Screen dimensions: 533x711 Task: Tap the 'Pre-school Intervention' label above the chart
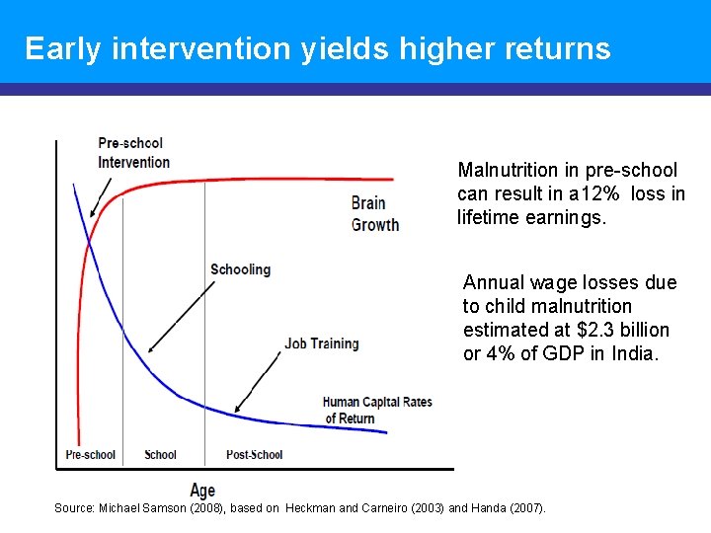[x=133, y=153]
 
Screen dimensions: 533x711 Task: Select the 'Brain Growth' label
[x=375, y=213]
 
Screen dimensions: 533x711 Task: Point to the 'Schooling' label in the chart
[x=240, y=269]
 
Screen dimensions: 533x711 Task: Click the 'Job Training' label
[x=322, y=343]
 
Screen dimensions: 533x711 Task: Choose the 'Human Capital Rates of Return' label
[x=376, y=410]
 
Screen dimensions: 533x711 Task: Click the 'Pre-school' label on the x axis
[x=90, y=455]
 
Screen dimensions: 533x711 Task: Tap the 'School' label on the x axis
[x=160, y=455]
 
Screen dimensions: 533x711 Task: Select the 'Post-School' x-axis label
[x=254, y=455]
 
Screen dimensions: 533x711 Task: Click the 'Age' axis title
[x=202, y=491]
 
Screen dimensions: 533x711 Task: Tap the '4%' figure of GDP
[x=504, y=353]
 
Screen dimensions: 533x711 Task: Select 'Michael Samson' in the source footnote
[x=138, y=507]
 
